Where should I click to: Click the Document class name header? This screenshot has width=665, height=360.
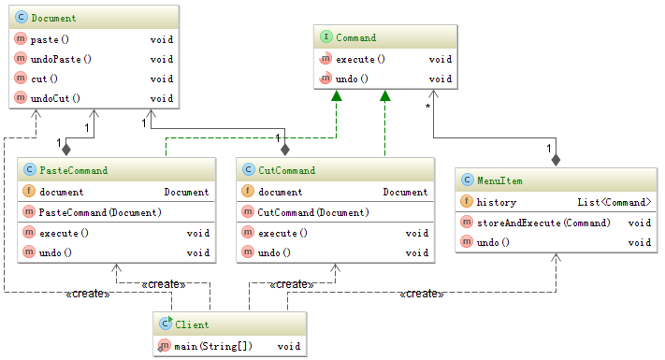click(53, 19)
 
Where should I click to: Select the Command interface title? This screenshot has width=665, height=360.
click(355, 38)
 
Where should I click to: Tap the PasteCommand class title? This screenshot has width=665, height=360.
click(73, 171)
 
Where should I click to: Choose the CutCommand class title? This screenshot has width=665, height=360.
click(286, 171)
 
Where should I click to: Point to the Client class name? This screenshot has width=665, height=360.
click(192, 325)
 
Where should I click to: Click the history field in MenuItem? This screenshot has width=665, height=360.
click(496, 202)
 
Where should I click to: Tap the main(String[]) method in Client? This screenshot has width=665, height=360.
click(209, 347)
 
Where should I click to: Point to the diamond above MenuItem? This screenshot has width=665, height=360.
click(556, 160)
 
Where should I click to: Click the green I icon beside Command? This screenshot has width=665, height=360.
click(325, 38)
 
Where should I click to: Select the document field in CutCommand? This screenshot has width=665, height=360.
click(285, 192)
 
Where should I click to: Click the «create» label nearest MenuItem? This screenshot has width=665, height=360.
click(421, 294)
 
